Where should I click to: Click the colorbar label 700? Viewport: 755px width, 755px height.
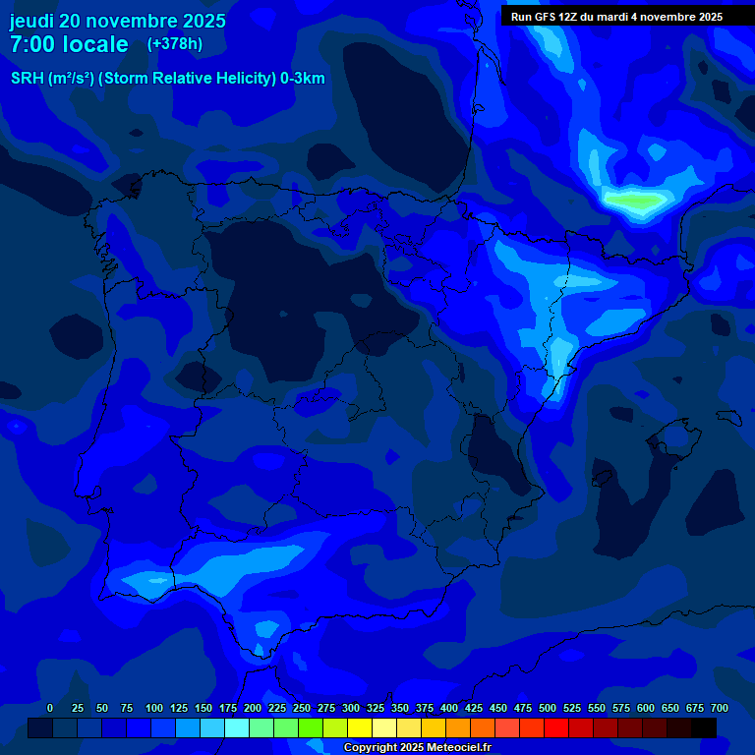[719, 708]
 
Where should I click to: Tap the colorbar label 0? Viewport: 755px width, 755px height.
[50, 708]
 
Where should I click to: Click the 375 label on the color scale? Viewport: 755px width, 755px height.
[425, 708]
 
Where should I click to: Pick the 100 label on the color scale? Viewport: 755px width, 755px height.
[154, 708]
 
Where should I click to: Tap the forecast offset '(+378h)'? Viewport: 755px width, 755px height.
[175, 44]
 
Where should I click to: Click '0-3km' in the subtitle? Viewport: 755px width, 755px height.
[303, 79]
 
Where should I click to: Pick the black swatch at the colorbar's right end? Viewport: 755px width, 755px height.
[704, 727]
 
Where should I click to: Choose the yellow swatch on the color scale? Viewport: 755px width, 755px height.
[360, 727]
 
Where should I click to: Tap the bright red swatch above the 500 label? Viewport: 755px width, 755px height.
[556, 727]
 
